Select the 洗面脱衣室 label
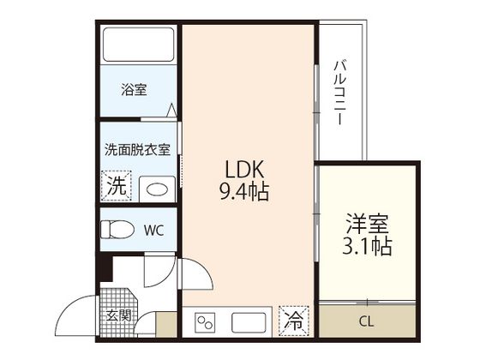pyautogui.click(x=137, y=148)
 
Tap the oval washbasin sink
pyautogui.click(x=154, y=188)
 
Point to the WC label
pyautogui.click(x=154, y=230)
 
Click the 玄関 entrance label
pyautogui.click(x=119, y=315)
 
